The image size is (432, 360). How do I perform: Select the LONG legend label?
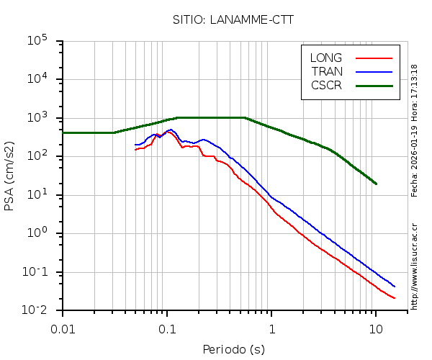[326, 58]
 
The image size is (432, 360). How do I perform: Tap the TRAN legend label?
[327, 71]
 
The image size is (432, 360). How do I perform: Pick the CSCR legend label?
[326, 85]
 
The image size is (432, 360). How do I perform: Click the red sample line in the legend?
[374, 58]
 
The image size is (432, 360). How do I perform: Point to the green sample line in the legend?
[374, 85]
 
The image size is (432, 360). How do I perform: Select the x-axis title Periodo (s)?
[233, 350]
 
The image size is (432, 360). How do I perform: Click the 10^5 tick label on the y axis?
[37, 41]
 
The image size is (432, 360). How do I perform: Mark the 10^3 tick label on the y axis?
[37, 118]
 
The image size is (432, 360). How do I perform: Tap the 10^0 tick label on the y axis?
[37, 233]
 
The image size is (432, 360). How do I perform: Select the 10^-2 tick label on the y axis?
[35, 310]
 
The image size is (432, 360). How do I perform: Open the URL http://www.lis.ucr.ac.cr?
[415, 266]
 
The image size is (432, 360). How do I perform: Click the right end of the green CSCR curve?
[376, 184]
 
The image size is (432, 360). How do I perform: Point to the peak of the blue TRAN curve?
[170, 130]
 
